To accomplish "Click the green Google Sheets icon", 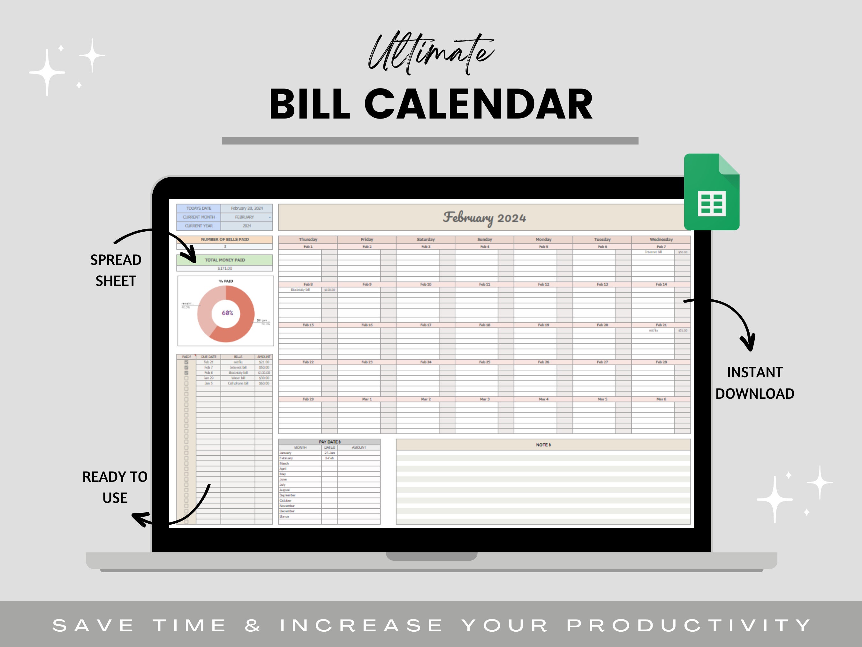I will click(x=712, y=192).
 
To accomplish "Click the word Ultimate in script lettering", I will click(x=431, y=54).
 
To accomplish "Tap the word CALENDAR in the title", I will click(x=478, y=104).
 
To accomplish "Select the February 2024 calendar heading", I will click(x=484, y=217).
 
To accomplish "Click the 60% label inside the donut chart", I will click(x=227, y=313).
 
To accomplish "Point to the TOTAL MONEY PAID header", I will click(x=225, y=260).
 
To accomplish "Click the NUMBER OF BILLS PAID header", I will click(x=225, y=239).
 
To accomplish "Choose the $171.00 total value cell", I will click(x=225, y=268).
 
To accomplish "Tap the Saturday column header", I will click(x=426, y=239).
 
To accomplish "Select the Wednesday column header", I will click(x=661, y=239).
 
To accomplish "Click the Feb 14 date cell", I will click(x=661, y=284).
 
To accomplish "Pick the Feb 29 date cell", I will click(x=308, y=399).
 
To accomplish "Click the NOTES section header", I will click(x=543, y=445).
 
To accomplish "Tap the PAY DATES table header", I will click(x=329, y=442).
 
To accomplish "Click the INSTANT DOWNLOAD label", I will click(x=755, y=383).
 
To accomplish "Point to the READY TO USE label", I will click(x=115, y=487).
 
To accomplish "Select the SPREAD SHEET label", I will click(x=116, y=270).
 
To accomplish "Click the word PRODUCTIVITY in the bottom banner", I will click(x=689, y=626).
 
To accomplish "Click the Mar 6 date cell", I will click(x=661, y=399).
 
